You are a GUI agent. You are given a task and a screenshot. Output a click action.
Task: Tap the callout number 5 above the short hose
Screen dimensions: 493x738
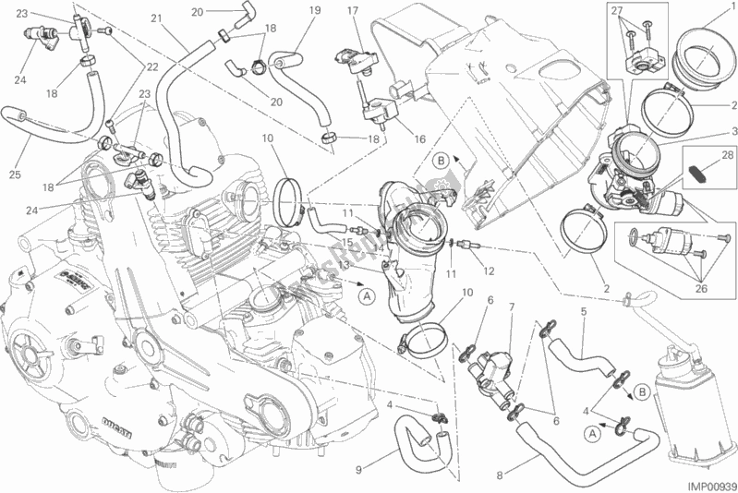(x=583, y=311)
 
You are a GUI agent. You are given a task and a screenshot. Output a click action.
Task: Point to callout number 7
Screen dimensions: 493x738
(x=512, y=306)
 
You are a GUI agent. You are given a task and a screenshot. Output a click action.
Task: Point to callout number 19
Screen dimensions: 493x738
(x=288, y=10)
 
